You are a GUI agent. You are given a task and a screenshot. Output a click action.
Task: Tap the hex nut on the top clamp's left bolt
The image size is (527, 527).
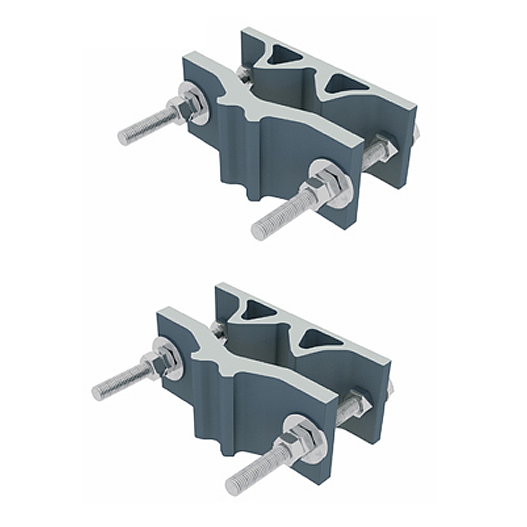coord(183,108)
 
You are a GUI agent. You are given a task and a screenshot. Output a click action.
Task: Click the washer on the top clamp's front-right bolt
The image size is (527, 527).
coord(331,183)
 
